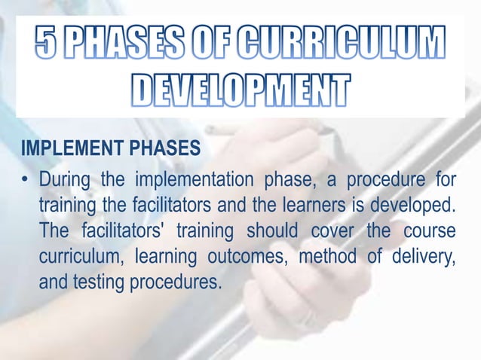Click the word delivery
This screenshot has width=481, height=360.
pos(425,258)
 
